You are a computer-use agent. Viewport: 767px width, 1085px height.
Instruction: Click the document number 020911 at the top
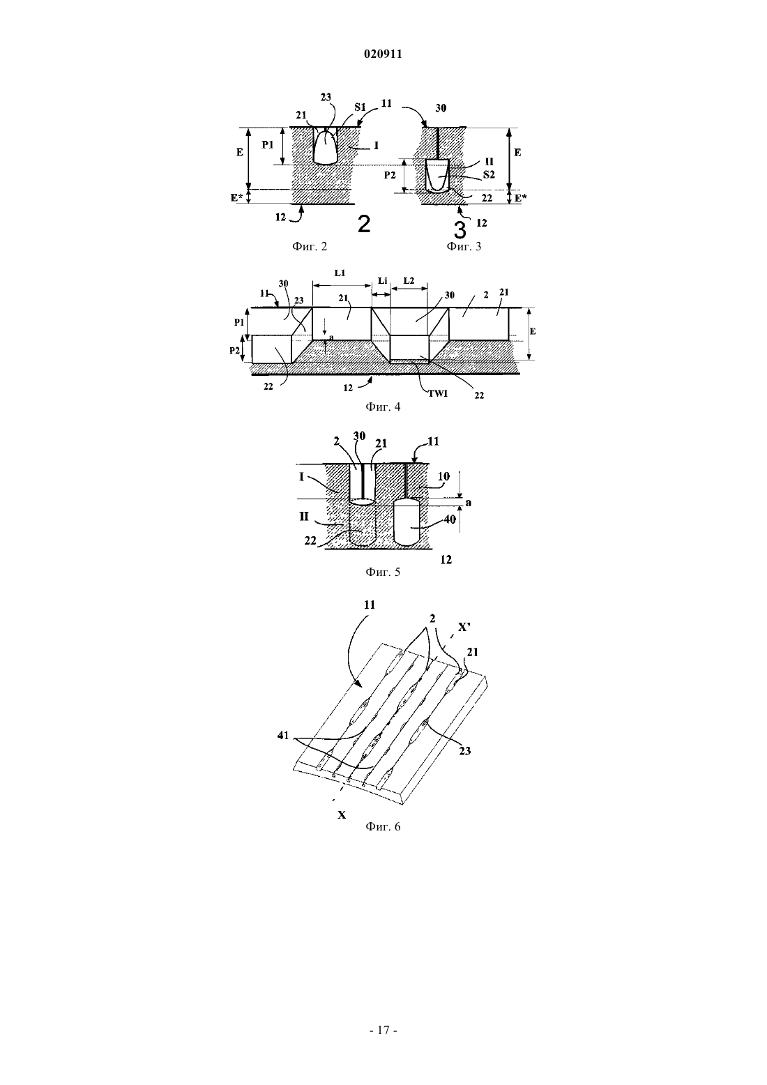(383, 54)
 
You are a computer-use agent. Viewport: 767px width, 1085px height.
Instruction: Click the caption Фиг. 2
(310, 247)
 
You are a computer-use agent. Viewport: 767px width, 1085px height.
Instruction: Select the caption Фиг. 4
(383, 407)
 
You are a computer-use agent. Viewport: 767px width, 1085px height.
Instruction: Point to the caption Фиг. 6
(383, 826)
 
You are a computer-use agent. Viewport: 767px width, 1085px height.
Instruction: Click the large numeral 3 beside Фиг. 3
(460, 229)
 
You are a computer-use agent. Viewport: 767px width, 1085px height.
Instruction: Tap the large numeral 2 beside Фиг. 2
(364, 225)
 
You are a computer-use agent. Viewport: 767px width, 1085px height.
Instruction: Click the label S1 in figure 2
(360, 107)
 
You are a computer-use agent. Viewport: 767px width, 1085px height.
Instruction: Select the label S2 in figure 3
(489, 175)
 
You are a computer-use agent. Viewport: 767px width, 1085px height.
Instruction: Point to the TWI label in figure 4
(437, 394)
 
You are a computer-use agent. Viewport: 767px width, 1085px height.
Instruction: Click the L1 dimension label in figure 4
(340, 273)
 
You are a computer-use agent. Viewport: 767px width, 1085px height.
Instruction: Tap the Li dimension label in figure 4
(383, 280)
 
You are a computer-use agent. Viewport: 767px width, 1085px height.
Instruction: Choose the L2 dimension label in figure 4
(409, 280)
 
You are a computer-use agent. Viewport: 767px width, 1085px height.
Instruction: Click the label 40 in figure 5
(450, 519)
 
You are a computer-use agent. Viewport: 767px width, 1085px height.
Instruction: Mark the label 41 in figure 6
(283, 736)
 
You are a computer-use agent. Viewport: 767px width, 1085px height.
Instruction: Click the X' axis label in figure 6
(464, 627)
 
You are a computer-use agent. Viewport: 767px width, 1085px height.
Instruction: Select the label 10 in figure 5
(444, 477)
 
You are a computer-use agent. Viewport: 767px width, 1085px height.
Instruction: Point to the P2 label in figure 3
(390, 175)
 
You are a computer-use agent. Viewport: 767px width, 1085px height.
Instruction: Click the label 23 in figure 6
(465, 751)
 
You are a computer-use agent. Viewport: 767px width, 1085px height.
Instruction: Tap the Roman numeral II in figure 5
(304, 516)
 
